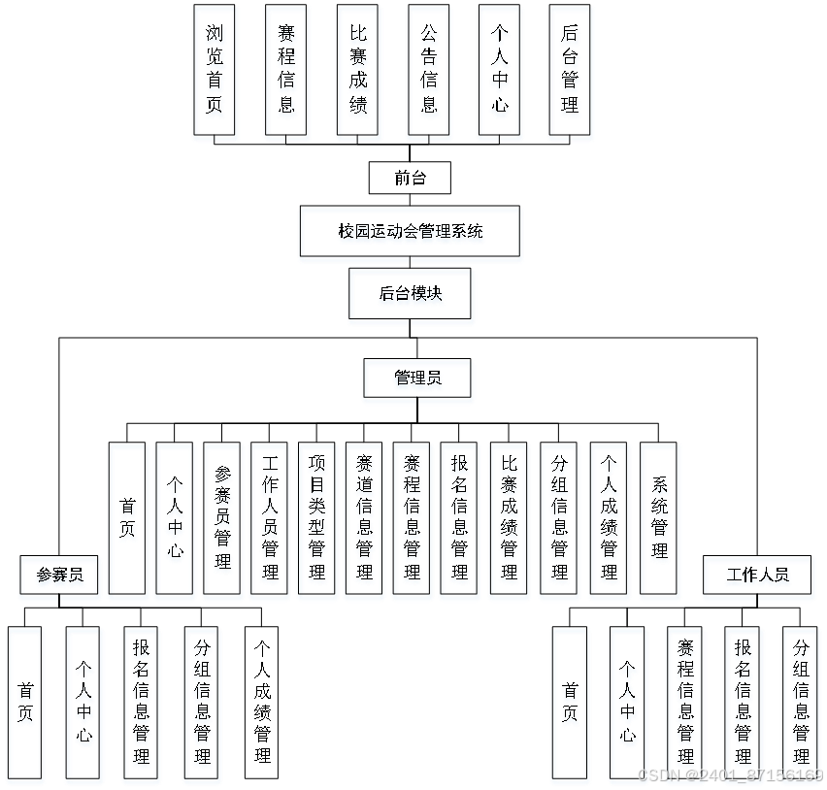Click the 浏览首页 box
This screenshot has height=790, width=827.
coord(215,74)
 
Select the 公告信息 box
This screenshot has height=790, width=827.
coord(430,74)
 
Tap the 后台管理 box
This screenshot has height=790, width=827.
coord(571,74)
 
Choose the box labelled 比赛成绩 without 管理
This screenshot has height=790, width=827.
coord(359,74)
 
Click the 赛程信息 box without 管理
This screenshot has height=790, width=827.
coord(287,74)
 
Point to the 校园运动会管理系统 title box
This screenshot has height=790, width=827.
coord(411,234)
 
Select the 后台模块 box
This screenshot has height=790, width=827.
coord(412,296)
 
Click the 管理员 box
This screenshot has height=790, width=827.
coord(418,380)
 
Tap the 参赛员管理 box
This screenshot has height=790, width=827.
coord(223,521)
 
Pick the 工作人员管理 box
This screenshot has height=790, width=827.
coord(270,521)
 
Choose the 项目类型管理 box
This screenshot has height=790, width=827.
coord(317,521)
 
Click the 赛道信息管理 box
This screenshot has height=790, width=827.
coord(365,521)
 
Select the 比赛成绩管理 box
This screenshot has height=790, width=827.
coord(510,521)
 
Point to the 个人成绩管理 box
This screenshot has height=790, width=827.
coord(610,521)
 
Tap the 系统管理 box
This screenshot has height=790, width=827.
coord(660,521)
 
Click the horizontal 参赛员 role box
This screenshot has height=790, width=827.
coord(60,577)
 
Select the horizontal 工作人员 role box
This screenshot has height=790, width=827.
coord(758,577)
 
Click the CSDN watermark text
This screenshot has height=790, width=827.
coord(729,774)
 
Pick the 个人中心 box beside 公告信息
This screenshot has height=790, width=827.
coord(500,74)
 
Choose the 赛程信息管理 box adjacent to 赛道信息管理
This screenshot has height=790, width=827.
coord(413,521)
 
